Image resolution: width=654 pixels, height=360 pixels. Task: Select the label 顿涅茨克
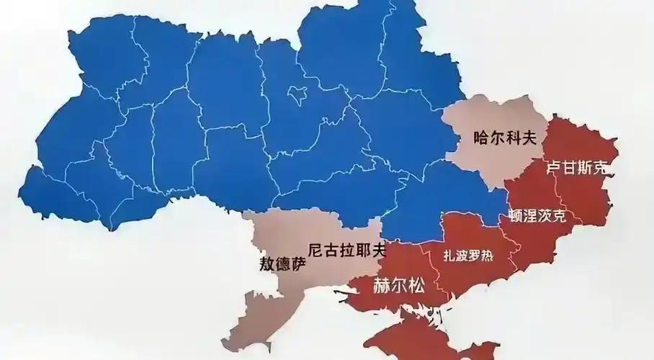click(x=537, y=215)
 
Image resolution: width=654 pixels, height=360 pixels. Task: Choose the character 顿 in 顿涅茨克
click(x=515, y=215)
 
